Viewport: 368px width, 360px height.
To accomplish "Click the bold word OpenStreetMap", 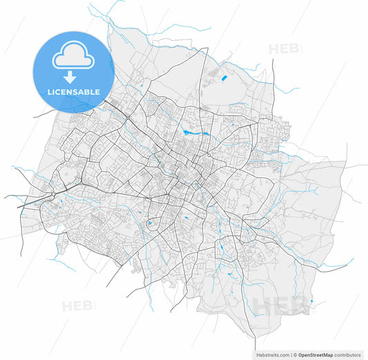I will [x=316, y=354].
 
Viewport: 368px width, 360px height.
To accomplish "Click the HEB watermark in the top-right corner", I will [x=284, y=48].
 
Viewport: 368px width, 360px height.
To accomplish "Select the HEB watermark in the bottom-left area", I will [x=77, y=306].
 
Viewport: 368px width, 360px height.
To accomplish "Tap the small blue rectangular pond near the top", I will [x=224, y=77].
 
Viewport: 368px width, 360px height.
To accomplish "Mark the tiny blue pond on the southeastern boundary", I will [x=311, y=301].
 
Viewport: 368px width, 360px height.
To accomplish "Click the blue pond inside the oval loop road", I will [x=150, y=224].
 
